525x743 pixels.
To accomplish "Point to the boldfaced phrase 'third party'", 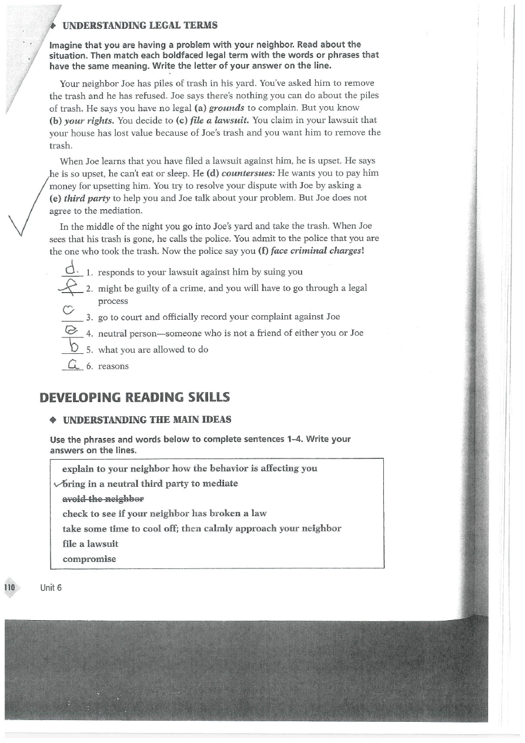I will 86,198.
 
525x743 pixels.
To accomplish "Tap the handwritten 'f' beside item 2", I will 72,287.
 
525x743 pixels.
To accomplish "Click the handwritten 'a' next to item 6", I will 73,364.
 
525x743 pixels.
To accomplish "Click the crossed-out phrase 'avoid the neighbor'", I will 103,498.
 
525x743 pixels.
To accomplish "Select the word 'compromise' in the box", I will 89,559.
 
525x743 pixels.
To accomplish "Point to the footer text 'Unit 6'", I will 51,588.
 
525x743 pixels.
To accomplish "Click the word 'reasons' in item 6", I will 113,366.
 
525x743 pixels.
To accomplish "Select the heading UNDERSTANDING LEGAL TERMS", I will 140,25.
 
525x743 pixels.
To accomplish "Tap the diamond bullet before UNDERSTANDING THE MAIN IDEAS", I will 53,420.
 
